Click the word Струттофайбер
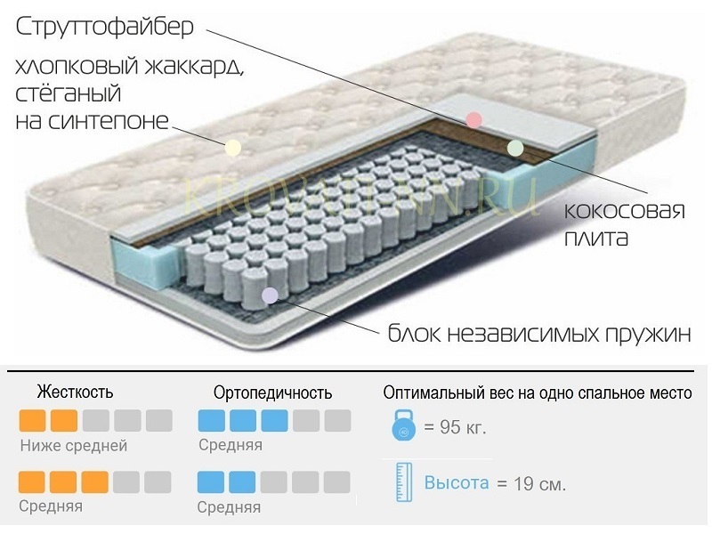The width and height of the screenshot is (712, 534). pos(103,28)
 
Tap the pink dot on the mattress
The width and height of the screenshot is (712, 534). pos(473,119)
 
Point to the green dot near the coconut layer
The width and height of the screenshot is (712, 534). pos(514,148)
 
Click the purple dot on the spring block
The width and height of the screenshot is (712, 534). pos(270,295)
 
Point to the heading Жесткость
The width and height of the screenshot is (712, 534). pos(75,392)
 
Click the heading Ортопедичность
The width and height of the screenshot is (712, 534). pos(273,392)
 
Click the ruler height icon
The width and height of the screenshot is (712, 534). pos(402,481)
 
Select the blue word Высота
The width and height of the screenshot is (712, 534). pos(457,483)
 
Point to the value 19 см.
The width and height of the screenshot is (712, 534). pos(539,485)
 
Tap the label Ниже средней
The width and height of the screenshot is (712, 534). pos(74,445)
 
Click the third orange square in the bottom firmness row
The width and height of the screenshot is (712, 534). pos(94,481)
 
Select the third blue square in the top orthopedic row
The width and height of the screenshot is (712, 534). pos(274,420)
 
